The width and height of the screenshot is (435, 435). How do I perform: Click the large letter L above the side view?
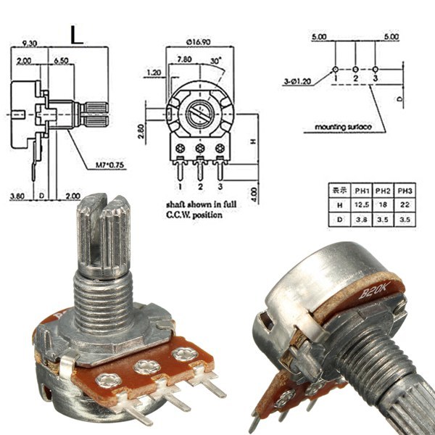tap(78, 36)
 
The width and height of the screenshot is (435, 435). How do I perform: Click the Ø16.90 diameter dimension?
tap(199, 41)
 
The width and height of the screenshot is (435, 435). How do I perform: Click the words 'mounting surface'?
tap(343, 128)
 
